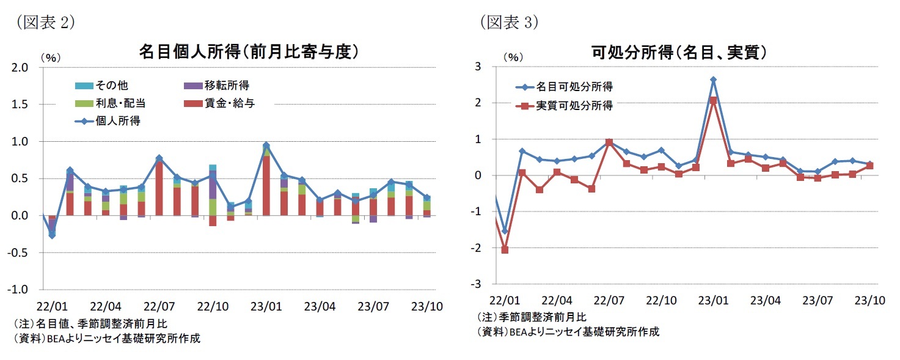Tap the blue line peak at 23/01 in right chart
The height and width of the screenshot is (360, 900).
(714, 79)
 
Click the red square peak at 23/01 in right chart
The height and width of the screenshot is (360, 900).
(714, 100)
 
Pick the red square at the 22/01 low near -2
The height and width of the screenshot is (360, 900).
(505, 249)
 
